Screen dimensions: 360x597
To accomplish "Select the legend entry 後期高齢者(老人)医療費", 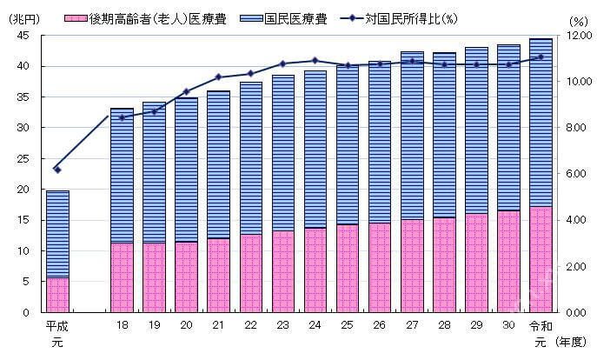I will click(157, 17).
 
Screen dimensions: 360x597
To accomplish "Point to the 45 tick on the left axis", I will click(23, 35).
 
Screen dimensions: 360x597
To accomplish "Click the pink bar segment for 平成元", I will click(57, 294).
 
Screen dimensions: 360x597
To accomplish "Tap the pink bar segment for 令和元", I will click(540, 259).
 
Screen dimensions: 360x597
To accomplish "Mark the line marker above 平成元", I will click(57, 169).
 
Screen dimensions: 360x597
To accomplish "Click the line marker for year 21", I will click(218, 77).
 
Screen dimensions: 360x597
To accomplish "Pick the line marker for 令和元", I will click(540, 57).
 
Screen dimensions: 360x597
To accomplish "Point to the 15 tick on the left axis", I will click(23, 220).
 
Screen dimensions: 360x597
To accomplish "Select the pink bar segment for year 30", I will click(507, 261).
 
